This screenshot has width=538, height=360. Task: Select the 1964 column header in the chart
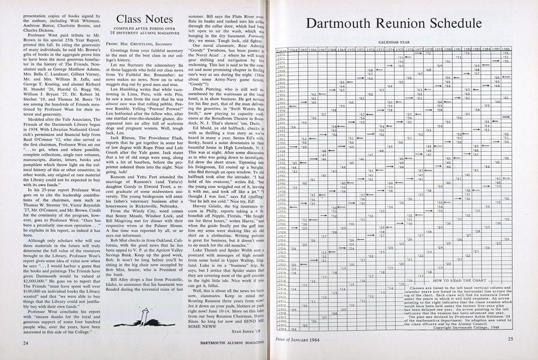(294, 50)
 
